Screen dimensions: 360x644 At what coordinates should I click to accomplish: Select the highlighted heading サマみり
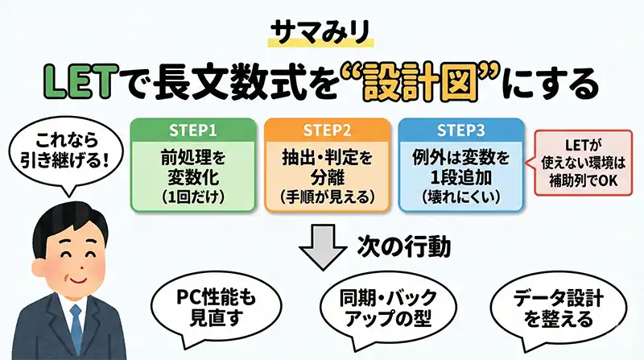coord(321,32)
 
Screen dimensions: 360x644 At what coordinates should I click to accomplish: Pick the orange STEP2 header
coord(323,130)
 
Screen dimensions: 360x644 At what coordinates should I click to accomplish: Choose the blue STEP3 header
coord(456,130)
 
